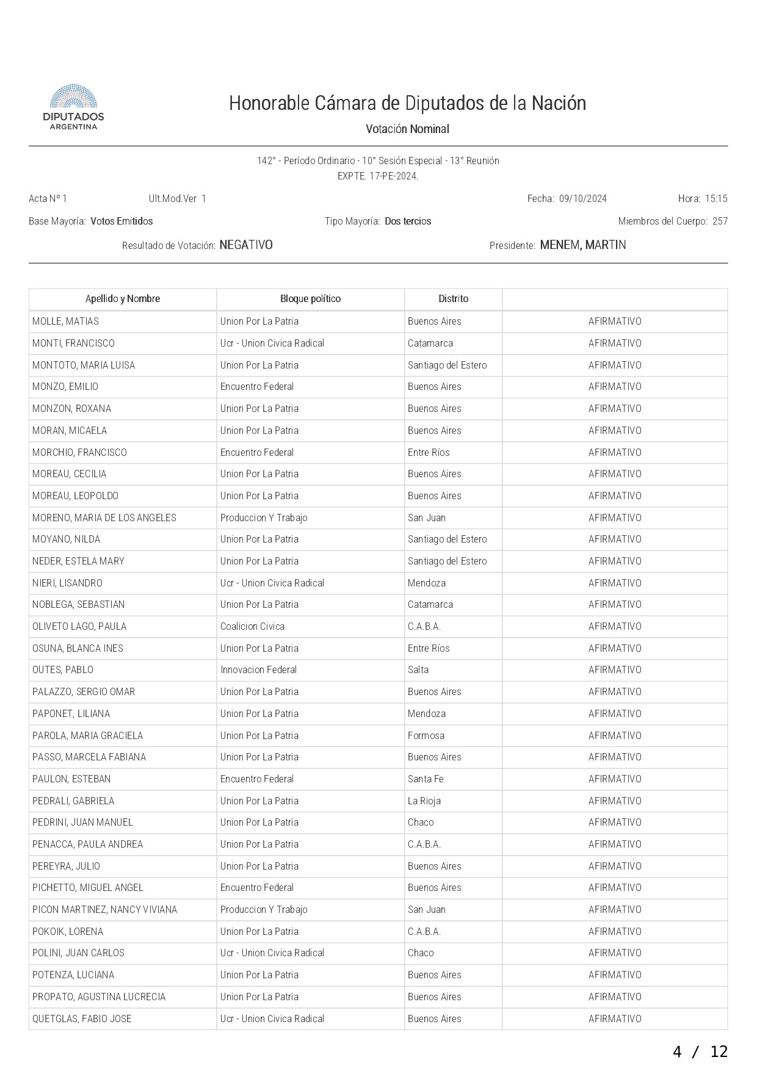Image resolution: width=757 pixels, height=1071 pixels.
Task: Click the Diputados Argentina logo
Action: click(73, 107)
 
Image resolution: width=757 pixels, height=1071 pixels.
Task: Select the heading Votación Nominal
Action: click(407, 129)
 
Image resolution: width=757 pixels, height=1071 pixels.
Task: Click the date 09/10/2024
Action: click(582, 198)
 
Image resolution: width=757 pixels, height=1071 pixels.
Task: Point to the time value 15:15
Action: click(716, 198)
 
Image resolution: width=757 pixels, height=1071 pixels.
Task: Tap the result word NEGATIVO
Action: click(246, 245)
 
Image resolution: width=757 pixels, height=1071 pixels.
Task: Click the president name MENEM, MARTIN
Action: click(583, 245)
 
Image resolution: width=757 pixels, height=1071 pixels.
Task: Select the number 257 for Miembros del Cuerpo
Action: click(720, 221)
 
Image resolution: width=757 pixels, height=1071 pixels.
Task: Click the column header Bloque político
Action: click(310, 298)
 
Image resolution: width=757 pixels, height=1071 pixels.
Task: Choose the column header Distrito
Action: click(453, 298)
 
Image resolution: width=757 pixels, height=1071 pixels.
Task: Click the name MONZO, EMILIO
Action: click(65, 386)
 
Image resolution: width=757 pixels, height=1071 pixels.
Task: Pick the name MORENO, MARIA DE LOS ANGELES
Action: click(104, 517)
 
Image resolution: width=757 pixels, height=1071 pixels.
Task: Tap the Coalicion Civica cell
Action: click(252, 626)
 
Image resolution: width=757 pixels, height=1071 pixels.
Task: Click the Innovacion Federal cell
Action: click(258, 669)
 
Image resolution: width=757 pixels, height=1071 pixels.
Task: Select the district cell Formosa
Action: click(426, 735)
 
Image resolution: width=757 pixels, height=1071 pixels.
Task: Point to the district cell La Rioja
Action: click(424, 801)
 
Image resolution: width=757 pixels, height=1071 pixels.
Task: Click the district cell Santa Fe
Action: click(426, 779)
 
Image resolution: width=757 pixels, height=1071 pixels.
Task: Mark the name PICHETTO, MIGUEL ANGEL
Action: click(88, 887)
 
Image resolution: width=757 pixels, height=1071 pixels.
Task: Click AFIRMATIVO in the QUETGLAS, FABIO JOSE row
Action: click(615, 1019)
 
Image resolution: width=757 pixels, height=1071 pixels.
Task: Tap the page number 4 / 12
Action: click(700, 1051)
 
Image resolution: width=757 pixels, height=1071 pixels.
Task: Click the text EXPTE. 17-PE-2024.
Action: click(378, 176)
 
